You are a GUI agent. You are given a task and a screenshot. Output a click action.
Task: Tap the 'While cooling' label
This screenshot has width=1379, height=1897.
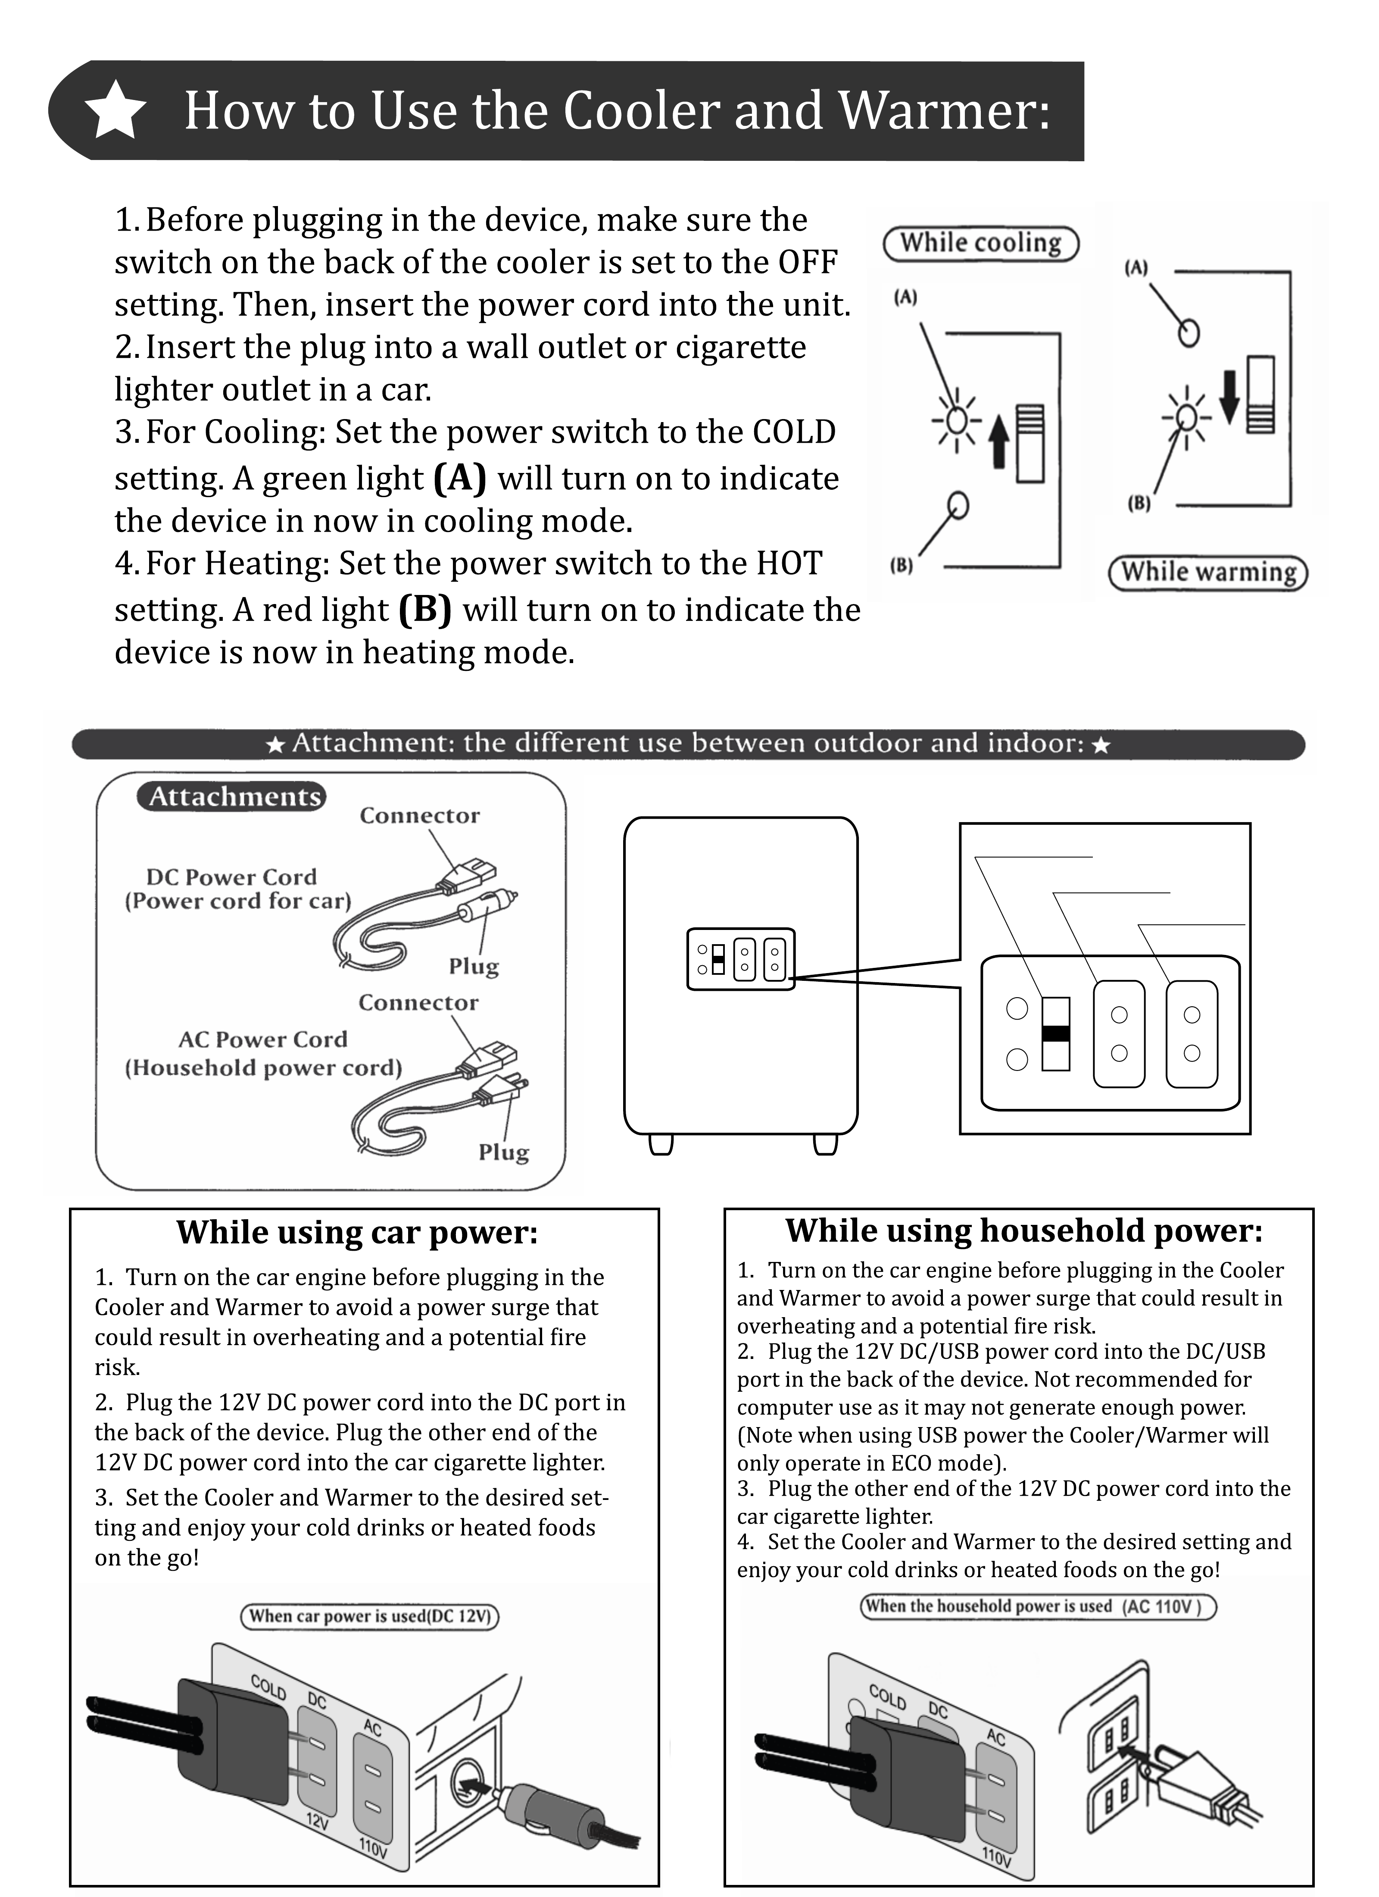[981, 244]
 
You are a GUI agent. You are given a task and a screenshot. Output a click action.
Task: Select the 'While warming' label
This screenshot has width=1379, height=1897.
[1207, 573]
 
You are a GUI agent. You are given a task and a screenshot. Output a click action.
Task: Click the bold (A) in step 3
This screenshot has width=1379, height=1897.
[460, 478]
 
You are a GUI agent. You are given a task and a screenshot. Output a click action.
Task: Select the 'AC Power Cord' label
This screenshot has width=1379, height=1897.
[262, 1039]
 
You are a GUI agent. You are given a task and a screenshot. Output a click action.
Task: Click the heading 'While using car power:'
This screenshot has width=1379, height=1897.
[357, 1233]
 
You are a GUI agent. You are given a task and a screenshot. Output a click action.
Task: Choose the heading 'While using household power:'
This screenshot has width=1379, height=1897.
[1023, 1231]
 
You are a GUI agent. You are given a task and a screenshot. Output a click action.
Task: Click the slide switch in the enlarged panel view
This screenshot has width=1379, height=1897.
[1055, 1034]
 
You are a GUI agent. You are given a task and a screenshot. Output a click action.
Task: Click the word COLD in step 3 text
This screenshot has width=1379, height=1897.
[794, 432]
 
